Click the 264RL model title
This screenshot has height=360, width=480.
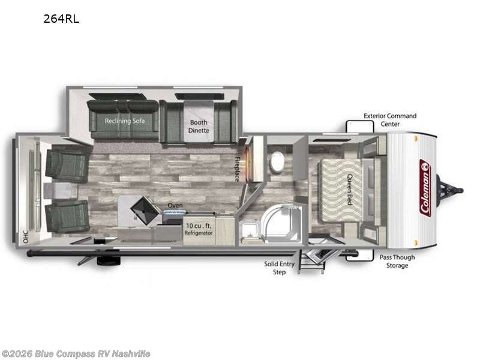(61, 19)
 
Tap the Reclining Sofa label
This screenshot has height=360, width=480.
(125, 121)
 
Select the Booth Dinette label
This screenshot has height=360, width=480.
(199, 126)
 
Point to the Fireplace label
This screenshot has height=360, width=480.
(237, 169)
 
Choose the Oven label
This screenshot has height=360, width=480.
(175, 205)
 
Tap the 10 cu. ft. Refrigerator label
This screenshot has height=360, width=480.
(199, 229)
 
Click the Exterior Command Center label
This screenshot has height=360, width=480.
(390, 119)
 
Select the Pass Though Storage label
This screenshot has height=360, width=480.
(397, 261)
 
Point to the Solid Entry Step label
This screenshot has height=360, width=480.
(279, 268)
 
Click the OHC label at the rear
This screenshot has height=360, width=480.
(26, 236)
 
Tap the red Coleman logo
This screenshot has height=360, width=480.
(425, 188)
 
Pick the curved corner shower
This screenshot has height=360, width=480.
(281, 223)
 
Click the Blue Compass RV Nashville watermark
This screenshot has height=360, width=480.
(76, 354)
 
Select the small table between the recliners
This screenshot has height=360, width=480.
(61, 191)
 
